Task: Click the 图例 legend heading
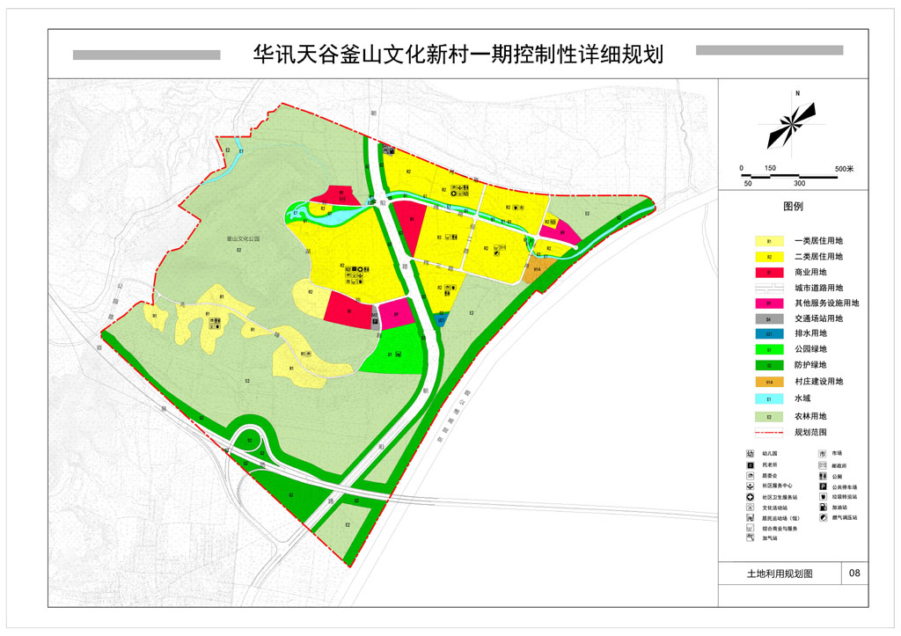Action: click(793, 208)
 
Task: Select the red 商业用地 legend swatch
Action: click(769, 272)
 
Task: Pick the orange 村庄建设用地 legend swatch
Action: click(769, 382)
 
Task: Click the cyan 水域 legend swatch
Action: click(769, 398)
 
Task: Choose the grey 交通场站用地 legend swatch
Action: click(769, 318)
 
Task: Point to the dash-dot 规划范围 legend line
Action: click(769, 432)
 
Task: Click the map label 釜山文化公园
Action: click(245, 238)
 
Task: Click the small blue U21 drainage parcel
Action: click(440, 319)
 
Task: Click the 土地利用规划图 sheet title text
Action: click(779, 573)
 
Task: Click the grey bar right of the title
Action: click(769, 50)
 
